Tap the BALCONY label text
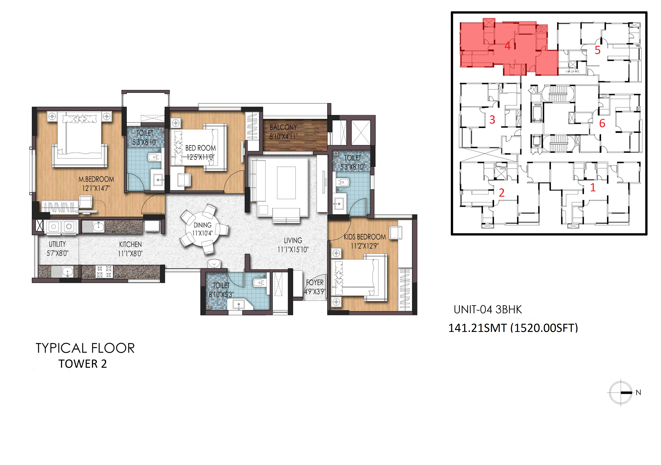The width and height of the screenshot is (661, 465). point(283,127)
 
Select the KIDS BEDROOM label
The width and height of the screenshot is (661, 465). point(365,237)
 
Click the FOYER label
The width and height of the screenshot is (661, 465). point(315,282)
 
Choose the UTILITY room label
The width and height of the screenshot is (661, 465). point(57,244)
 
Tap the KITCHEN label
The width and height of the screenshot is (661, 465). point(130,244)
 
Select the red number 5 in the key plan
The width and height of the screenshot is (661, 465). point(597,50)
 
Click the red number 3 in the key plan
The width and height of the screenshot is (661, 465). point(492,119)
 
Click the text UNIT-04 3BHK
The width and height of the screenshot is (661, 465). point(488,309)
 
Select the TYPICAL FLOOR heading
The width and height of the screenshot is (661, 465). point(85,348)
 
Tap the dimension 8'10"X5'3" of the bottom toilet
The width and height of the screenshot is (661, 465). point(221,294)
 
